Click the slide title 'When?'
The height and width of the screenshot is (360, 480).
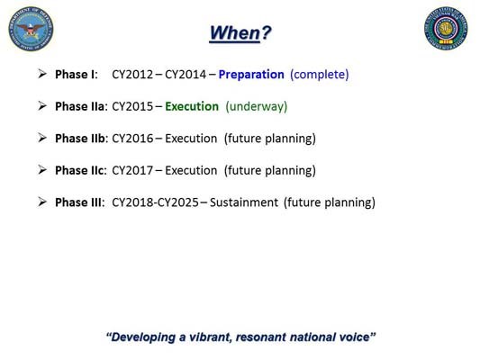[240, 33]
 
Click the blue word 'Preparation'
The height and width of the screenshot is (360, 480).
[251, 75]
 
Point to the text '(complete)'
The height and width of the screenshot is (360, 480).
[319, 75]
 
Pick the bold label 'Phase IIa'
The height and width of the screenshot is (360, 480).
[80, 106]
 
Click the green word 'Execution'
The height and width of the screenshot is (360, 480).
[192, 106]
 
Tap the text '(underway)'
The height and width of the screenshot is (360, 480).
[256, 106]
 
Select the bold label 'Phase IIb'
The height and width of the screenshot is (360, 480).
[81, 139]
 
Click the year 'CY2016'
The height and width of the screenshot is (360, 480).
[131, 139]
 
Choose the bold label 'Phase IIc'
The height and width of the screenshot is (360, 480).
[80, 170]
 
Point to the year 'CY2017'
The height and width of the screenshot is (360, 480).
[131, 170]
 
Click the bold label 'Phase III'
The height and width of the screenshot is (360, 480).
[79, 202]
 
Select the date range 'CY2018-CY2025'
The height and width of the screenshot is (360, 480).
[155, 202]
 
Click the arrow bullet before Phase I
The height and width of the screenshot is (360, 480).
[42, 74]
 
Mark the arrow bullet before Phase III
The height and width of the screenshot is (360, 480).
[42, 202]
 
